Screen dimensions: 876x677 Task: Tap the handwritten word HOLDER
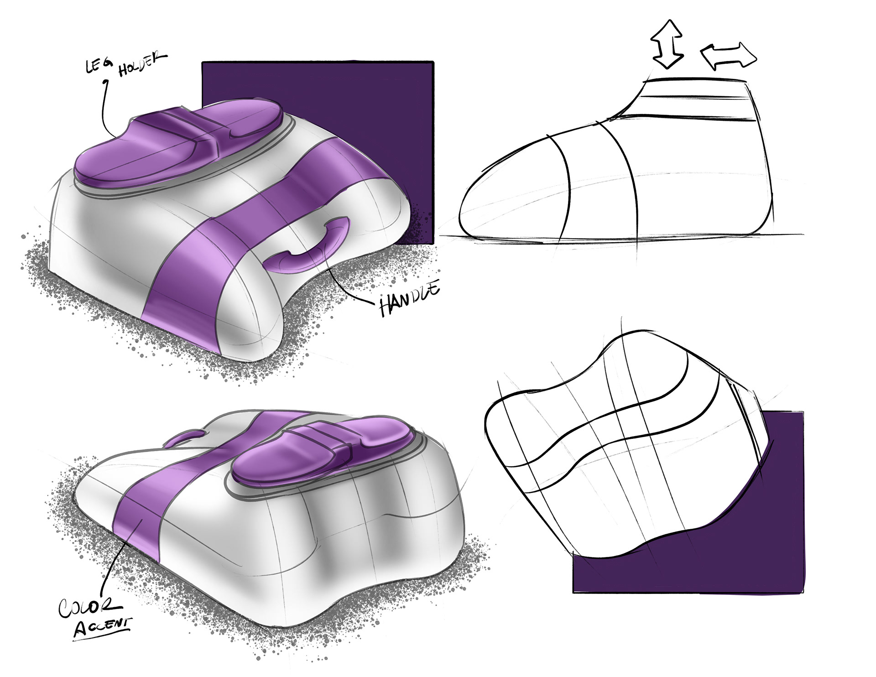pos(142,64)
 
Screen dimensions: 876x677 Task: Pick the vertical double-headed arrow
pos(668,44)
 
